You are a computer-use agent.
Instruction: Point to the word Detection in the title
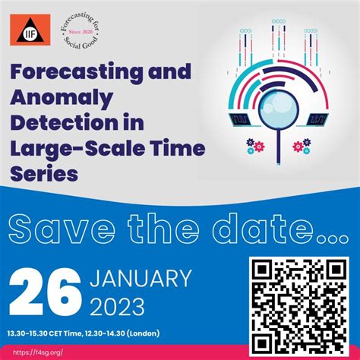54,122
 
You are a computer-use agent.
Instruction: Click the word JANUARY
141,278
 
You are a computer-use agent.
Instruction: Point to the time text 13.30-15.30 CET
49,333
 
